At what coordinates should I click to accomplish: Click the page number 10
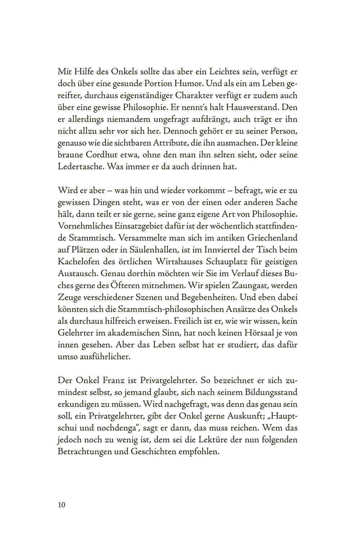click(x=61, y=505)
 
